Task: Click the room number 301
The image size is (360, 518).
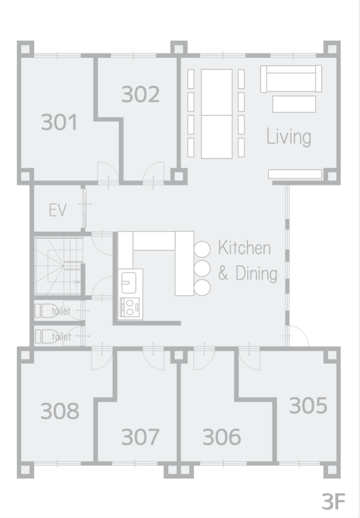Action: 60,122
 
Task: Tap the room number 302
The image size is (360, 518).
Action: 140,94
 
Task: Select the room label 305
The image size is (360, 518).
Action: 308,405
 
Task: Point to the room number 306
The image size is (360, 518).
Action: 221,437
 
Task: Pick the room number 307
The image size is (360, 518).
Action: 140,437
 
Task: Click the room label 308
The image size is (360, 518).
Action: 60,411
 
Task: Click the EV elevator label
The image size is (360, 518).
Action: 58,210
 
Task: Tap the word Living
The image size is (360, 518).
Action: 289,137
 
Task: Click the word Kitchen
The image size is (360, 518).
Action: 244,248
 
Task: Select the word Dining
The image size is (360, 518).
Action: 256,274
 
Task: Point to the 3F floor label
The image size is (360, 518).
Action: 334,501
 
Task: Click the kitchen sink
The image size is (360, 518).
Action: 129,282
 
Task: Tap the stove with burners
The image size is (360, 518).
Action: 130,308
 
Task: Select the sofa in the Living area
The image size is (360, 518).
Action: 291,78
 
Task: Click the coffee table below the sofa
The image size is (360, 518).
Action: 294,104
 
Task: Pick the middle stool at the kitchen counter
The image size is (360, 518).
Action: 202,268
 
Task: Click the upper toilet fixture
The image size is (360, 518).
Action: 46,311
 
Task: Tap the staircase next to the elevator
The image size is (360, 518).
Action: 58,266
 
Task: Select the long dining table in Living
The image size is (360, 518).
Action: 217,114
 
